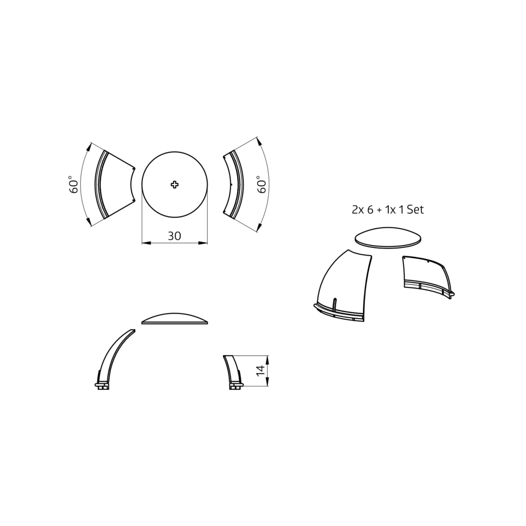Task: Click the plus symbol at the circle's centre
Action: click(x=175, y=184)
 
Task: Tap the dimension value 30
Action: click(x=175, y=236)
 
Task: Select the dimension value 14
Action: click(x=260, y=371)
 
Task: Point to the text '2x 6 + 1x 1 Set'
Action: click(x=388, y=210)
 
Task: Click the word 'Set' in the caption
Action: click(x=416, y=210)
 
